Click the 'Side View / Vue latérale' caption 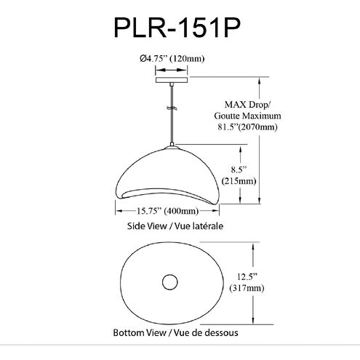tap(174, 226)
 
